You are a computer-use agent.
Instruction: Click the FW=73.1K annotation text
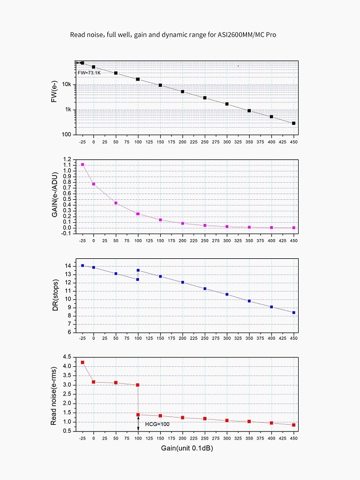click(89, 73)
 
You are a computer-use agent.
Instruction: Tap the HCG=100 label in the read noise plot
click(156, 423)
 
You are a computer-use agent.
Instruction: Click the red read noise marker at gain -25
click(83, 362)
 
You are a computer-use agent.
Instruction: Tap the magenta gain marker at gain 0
click(94, 184)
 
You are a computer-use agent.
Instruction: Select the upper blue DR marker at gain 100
click(138, 270)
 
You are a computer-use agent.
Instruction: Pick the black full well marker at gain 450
click(294, 123)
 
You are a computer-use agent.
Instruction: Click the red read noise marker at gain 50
click(116, 383)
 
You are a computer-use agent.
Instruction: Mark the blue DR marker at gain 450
click(294, 312)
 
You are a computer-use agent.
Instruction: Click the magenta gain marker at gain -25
click(83, 164)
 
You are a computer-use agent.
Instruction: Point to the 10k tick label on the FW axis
click(66, 85)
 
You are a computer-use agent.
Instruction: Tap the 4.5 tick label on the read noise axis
click(67, 357)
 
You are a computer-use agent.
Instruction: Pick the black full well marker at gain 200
click(182, 91)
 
